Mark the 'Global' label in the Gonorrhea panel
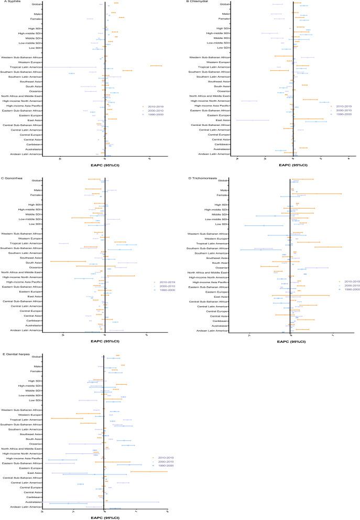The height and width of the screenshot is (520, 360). point(37,180)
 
